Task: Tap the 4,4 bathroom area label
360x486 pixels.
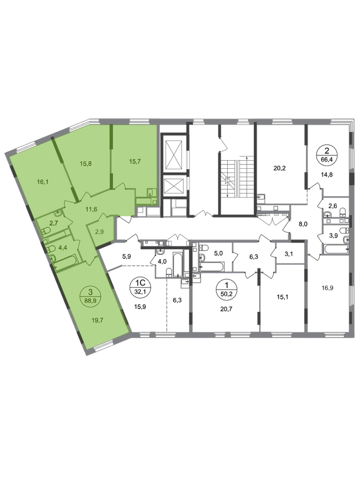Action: (61, 248)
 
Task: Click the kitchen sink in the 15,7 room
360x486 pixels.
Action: (151, 192)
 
